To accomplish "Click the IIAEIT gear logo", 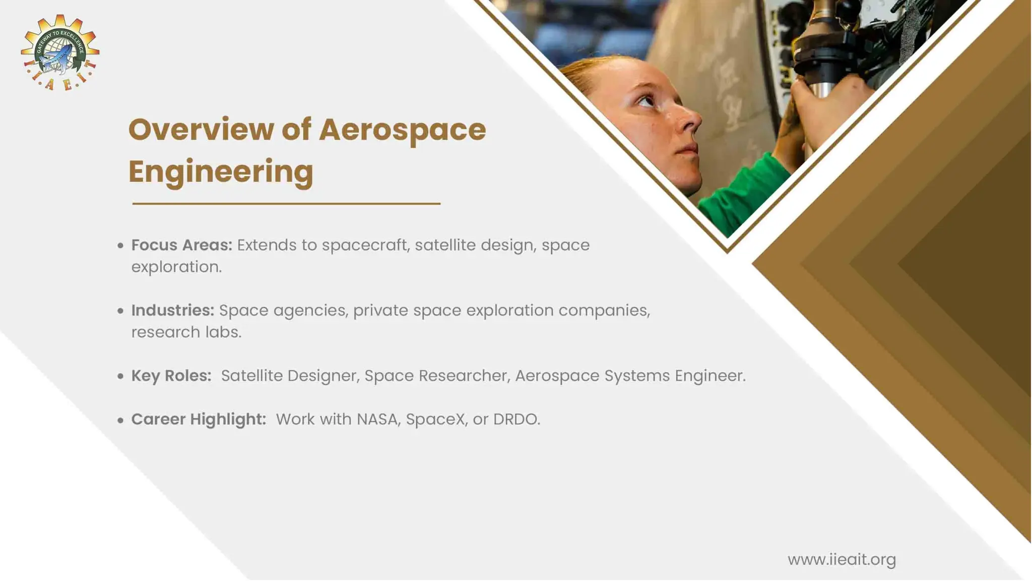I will [x=60, y=52].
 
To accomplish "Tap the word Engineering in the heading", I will [x=221, y=171].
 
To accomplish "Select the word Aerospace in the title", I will [x=402, y=130].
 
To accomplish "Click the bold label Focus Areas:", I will [x=181, y=245].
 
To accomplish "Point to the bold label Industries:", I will [x=172, y=310].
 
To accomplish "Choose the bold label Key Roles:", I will [x=171, y=376].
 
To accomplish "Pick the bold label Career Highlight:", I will [x=198, y=419].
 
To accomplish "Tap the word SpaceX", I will [x=436, y=419].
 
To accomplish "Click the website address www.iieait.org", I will [x=842, y=559].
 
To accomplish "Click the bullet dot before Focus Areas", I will [x=120, y=246].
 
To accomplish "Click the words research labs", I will [x=186, y=332].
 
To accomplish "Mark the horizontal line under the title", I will [x=286, y=204].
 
